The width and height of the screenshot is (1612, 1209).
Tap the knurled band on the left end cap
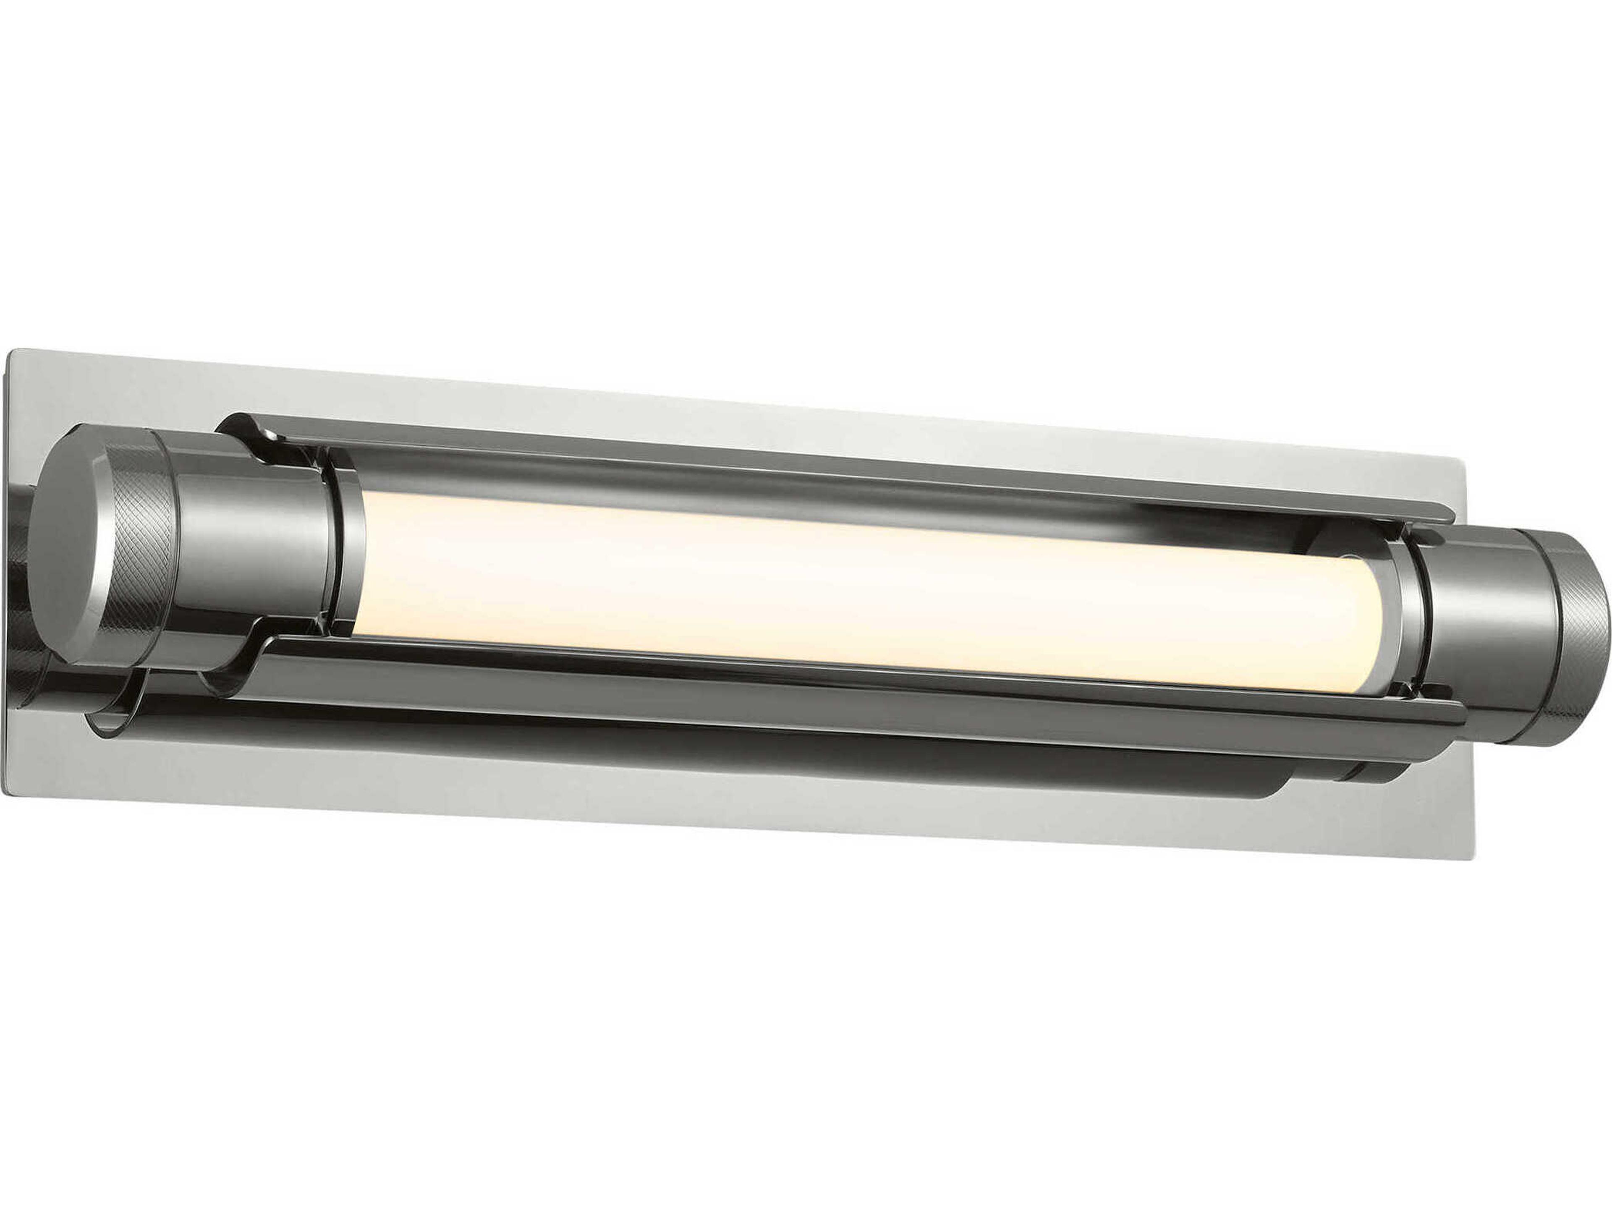[x=143, y=548]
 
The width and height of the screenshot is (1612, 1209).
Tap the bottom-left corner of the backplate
[x=4, y=794]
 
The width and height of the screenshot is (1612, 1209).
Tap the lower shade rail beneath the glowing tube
[x=838, y=689]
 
